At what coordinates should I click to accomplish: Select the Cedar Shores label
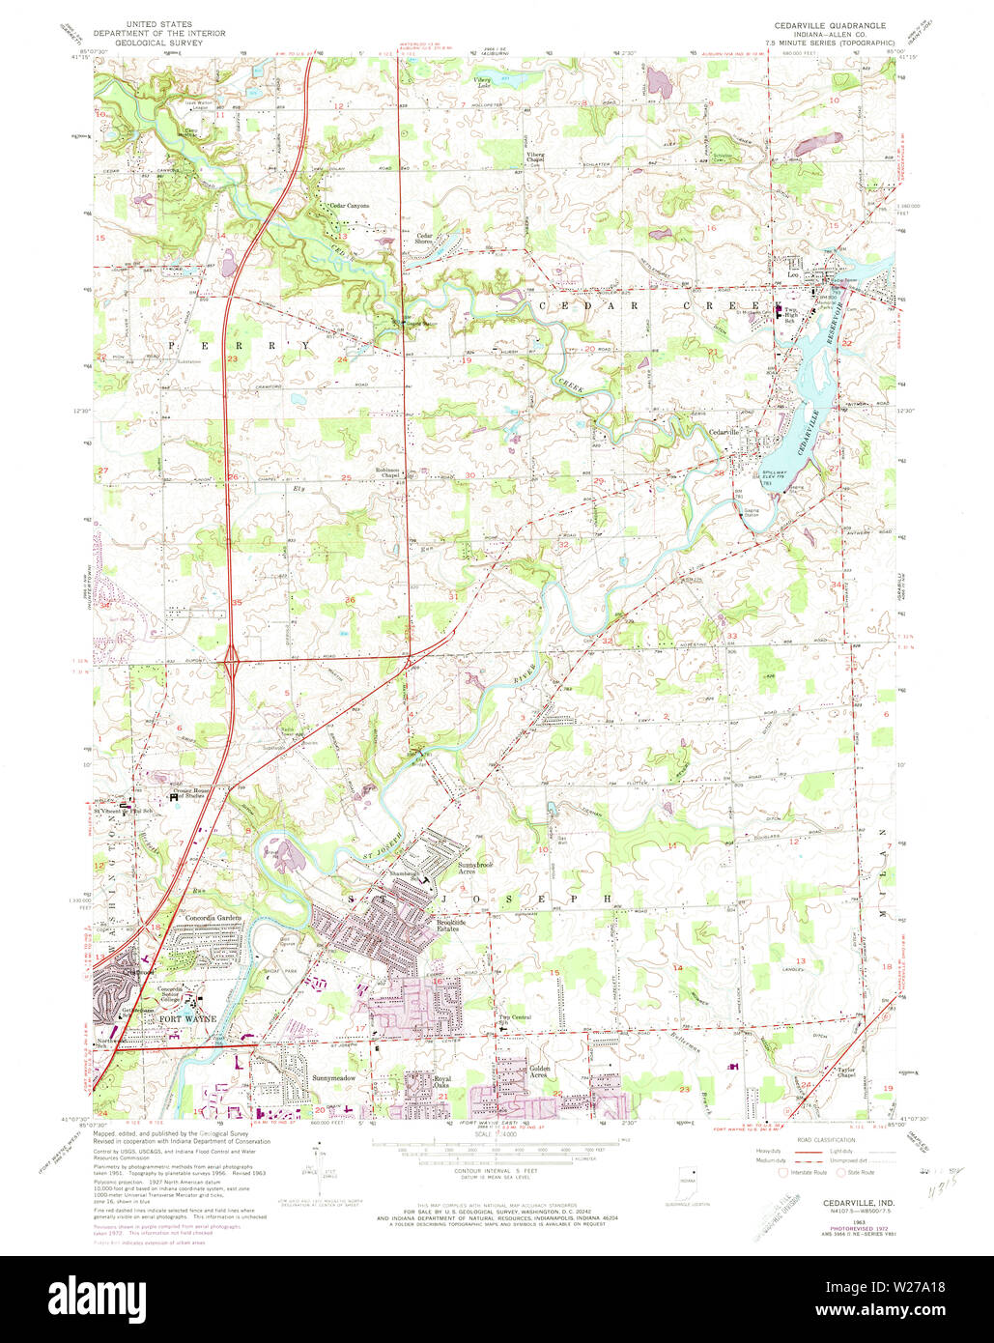coord(425,239)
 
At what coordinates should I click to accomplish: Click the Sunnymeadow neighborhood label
coord(334,1077)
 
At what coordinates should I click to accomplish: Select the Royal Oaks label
coord(442,1083)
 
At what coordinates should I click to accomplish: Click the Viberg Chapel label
coord(535,157)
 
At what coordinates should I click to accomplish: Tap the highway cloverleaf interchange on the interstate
coord(233,663)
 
